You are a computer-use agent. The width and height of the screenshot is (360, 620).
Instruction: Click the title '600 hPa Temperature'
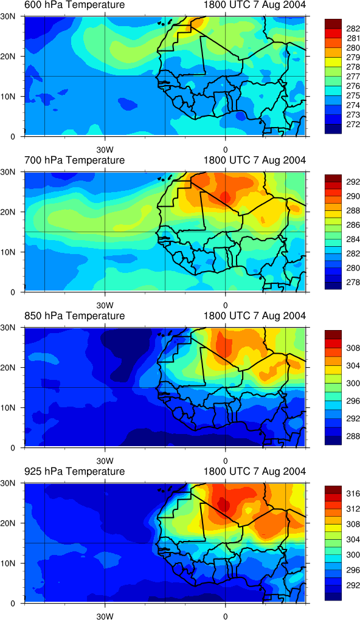(75, 5)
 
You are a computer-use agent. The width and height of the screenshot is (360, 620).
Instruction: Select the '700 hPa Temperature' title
(75, 160)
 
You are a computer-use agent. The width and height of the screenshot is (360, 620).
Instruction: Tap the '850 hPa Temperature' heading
(75, 316)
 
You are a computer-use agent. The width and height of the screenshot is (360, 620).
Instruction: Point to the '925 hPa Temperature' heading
(75, 471)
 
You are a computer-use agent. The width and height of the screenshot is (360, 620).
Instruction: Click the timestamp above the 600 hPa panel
(255, 5)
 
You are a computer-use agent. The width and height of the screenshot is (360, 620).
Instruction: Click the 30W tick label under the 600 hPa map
(105, 150)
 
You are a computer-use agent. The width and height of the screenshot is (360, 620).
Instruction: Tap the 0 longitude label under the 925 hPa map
(225, 616)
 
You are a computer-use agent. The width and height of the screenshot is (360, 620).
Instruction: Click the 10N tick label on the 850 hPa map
(14, 407)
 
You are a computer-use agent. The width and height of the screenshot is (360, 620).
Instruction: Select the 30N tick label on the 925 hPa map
(14, 483)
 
